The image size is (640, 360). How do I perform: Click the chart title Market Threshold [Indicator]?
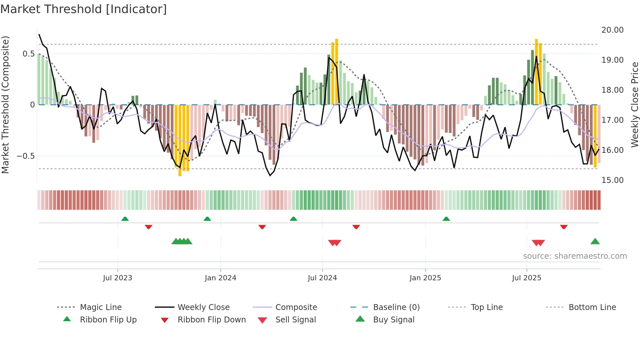tap(84, 9)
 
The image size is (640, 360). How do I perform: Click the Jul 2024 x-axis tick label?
tap(322, 278)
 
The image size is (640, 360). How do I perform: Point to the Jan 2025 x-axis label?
tap(425, 278)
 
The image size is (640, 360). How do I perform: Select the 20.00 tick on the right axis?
tap(612, 30)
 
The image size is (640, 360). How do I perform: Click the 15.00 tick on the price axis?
tap(612, 180)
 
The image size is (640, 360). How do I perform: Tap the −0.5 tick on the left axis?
tap(26, 156)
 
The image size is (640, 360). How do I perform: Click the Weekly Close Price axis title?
tap(634, 105)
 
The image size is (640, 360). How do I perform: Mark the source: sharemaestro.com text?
tap(575, 256)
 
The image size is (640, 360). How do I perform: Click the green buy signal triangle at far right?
tap(595, 241)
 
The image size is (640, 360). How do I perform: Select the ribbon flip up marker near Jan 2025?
tap(446, 219)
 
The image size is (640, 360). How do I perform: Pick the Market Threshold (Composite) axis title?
tap(5, 105)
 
